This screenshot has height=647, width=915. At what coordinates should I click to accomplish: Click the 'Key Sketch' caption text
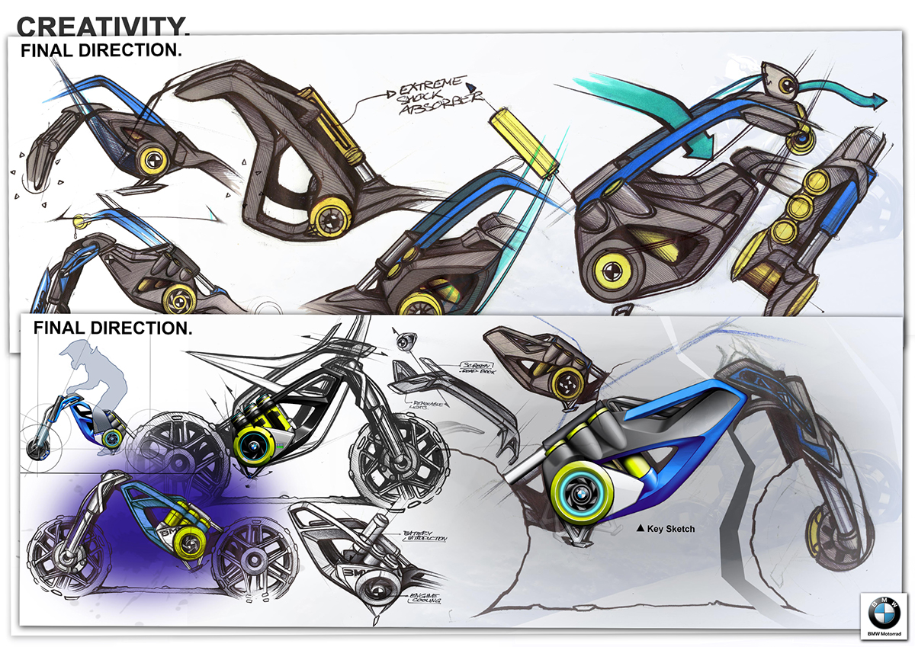pyautogui.click(x=671, y=528)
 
